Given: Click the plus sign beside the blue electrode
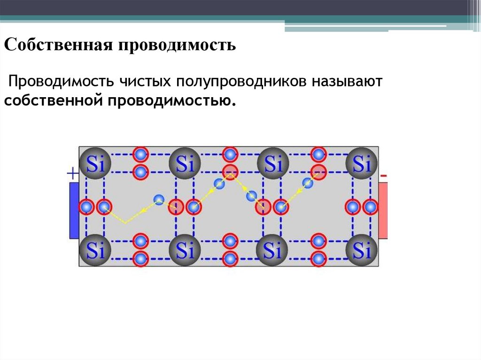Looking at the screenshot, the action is (73, 174).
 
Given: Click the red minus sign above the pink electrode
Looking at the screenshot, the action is (384, 176).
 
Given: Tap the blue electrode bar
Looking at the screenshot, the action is (74, 210).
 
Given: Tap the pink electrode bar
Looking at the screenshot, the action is (383, 209).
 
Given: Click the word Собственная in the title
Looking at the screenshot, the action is (58, 46).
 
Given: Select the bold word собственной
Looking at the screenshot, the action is (54, 100).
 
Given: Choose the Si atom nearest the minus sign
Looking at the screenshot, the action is (362, 164).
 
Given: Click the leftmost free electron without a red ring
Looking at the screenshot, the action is (159, 199).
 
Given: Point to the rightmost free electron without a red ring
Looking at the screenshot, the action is (308, 183).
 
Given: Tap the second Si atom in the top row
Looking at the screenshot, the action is (185, 164).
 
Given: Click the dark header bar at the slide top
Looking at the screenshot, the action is (235, 7).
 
